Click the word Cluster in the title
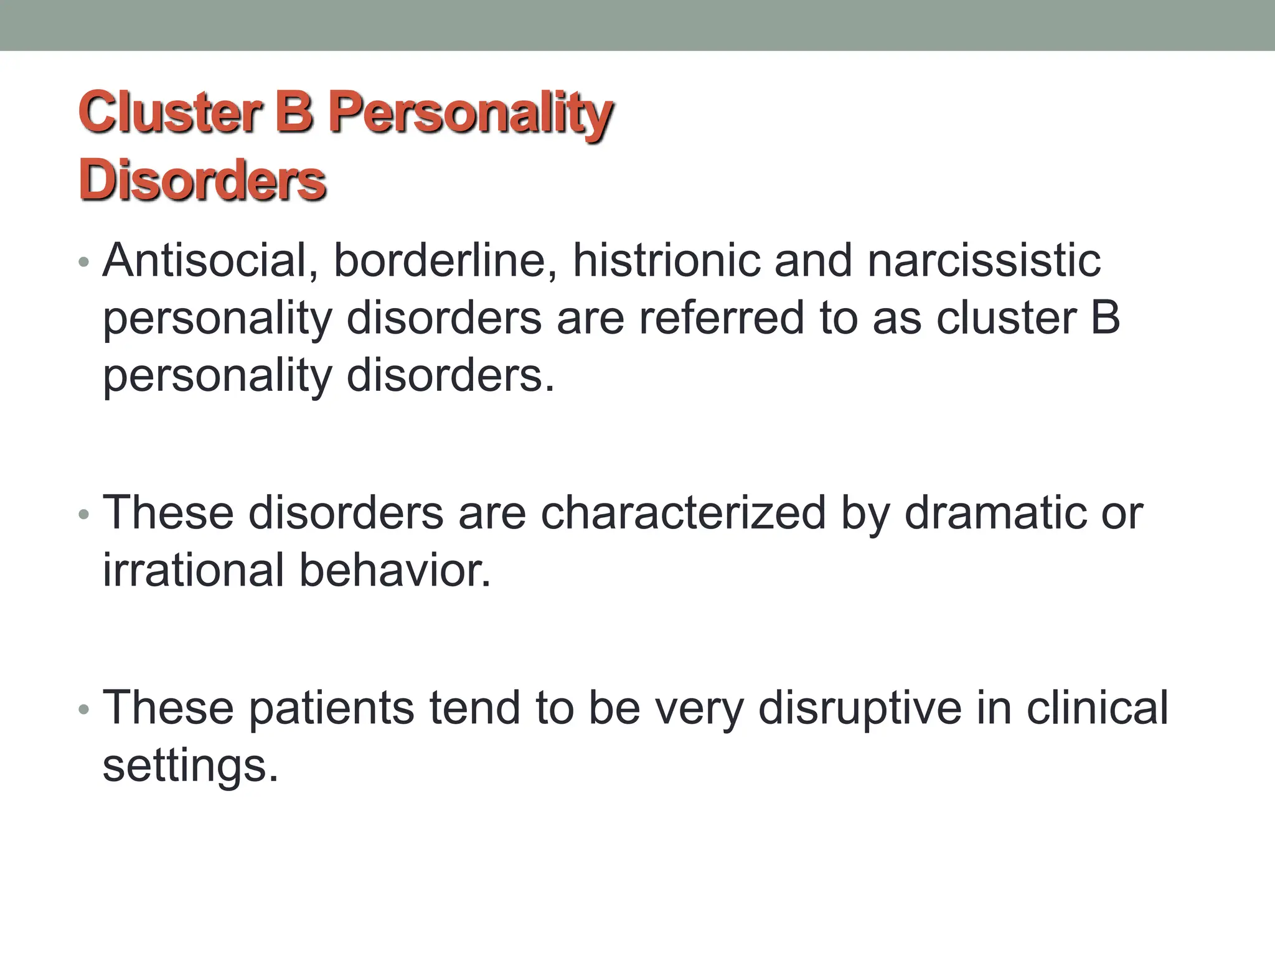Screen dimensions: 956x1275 pos(167,113)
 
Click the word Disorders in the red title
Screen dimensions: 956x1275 pos(202,180)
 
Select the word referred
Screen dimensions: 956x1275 pos(722,318)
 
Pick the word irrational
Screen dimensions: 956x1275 pos(193,570)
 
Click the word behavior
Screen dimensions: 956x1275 pos(395,570)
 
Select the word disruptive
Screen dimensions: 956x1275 pos(860,708)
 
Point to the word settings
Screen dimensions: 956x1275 pos(190,766)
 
